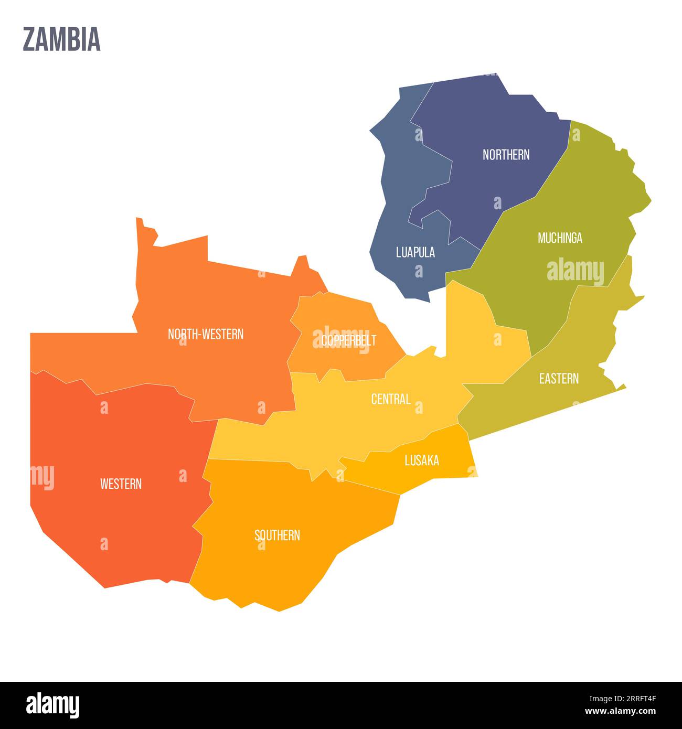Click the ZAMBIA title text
tap(61, 40)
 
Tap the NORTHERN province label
tap(506, 155)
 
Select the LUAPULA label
tap(415, 252)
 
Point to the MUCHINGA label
tap(560, 238)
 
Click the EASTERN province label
tap(559, 379)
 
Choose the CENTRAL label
tap(390, 399)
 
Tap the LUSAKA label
tap(422, 460)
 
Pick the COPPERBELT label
tap(348, 340)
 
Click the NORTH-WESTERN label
tap(205, 334)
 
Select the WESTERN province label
tap(121, 484)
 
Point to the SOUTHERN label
tap(277, 535)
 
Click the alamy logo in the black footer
tap(52, 705)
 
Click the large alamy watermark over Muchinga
tap(575, 271)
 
